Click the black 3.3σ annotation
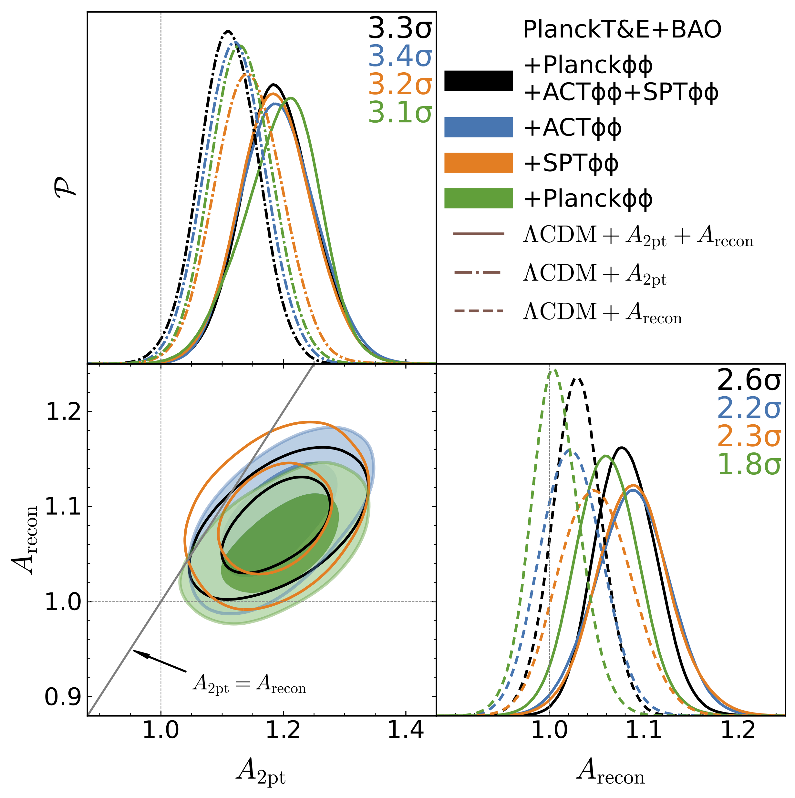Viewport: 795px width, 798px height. [400, 28]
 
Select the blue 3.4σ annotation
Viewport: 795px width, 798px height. [400, 56]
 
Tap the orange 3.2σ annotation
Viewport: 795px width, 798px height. [400, 84]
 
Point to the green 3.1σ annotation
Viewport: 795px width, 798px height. [400, 112]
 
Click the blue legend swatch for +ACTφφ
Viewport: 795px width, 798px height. [478, 127]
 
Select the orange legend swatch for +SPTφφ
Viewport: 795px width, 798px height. [478, 163]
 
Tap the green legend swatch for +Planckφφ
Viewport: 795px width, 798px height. [478, 198]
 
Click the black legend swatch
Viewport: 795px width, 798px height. [478, 81]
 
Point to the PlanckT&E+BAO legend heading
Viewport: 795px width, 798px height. [622, 30]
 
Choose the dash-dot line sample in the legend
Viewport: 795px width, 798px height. [478, 273]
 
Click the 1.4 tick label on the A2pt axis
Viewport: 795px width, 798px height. [406, 742]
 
